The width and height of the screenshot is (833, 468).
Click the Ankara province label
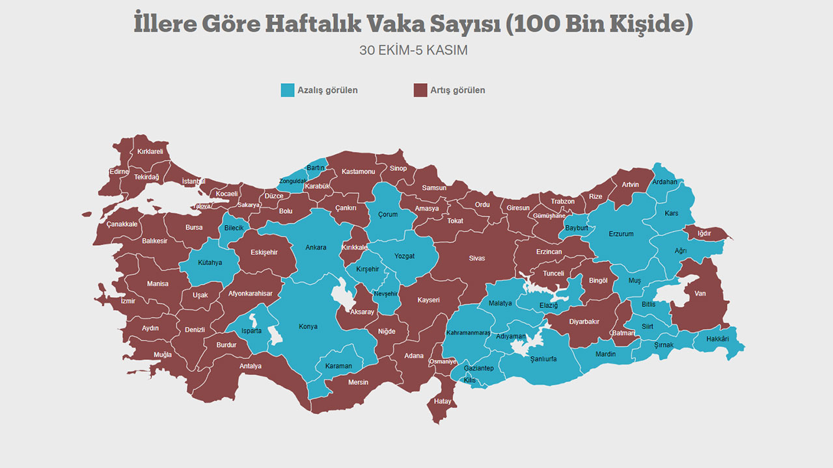pyautogui.click(x=316, y=247)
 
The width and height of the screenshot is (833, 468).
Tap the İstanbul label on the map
pyautogui.click(x=193, y=181)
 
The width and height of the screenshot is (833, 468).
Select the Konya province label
pyautogui.click(x=308, y=326)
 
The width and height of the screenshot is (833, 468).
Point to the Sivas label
pyautogui.click(x=476, y=258)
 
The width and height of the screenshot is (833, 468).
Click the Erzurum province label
pyautogui.click(x=621, y=234)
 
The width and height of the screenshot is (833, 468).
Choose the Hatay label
pyautogui.click(x=443, y=401)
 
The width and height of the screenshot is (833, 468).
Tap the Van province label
pyautogui.click(x=700, y=293)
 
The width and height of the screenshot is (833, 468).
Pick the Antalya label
pyautogui.click(x=251, y=366)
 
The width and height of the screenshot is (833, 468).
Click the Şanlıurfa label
pyautogui.click(x=543, y=359)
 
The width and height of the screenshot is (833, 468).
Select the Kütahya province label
pyautogui.click(x=210, y=263)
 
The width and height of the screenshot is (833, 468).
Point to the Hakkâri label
pyautogui.click(x=717, y=339)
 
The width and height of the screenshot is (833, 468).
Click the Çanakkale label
pyautogui.click(x=122, y=224)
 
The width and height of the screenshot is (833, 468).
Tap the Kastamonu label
pyautogui.click(x=359, y=172)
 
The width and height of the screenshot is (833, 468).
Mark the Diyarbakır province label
pyautogui.click(x=584, y=321)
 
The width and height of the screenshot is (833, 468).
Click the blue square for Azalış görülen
pyautogui.click(x=287, y=90)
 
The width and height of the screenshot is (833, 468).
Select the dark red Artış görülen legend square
pyautogui.click(x=420, y=90)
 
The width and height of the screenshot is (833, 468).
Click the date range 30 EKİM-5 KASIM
pyautogui.click(x=413, y=50)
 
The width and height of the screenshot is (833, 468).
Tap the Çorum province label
pyautogui.click(x=388, y=214)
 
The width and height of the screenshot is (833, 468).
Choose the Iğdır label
pyautogui.click(x=704, y=233)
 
